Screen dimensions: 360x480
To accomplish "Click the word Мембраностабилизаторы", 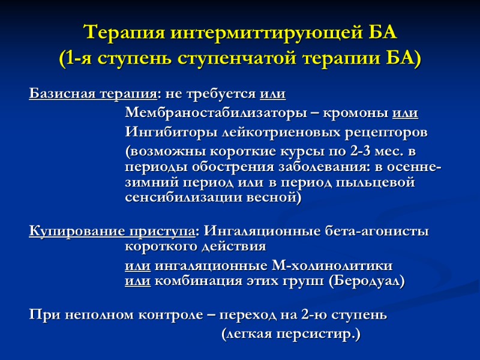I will coord(217,113).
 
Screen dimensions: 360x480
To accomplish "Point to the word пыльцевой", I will coord(382,181).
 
